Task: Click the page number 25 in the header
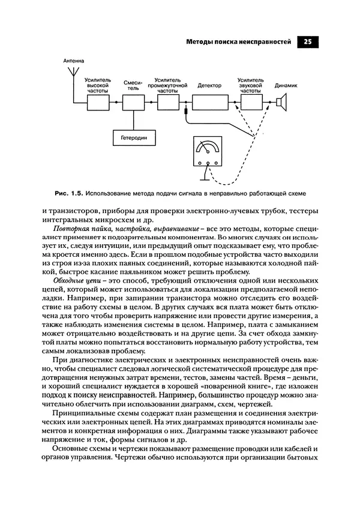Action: tap(307, 42)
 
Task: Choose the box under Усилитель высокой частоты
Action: tap(98, 103)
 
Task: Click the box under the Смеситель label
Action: tap(131, 103)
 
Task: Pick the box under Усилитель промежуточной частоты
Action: tap(168, 103)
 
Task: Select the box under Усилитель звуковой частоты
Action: tap(251, 103)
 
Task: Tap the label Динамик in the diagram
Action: tap(286, 85)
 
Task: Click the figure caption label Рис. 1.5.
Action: tap(67, 194)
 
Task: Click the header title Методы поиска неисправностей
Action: tap(239, 42)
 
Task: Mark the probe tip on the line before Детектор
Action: tap(187, 112)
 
